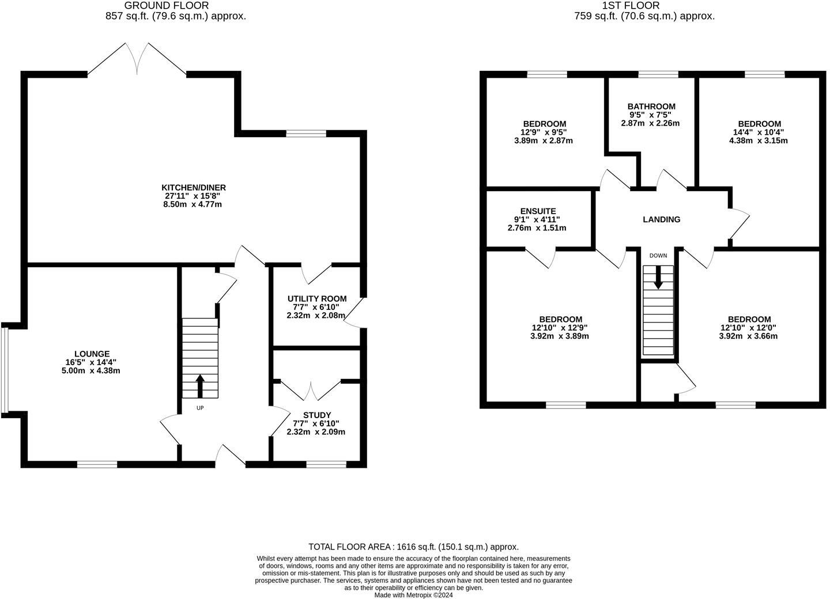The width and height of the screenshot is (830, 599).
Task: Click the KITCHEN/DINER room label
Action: click(193, 188)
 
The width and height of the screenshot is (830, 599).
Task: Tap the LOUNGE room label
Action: click(92, 354)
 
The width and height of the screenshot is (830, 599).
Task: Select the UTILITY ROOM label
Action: click(317, 298)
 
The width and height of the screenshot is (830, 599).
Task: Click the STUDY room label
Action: click(316, 415)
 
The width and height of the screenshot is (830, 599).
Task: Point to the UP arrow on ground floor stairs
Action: click(200, 386)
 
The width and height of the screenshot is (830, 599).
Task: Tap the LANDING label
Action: click(661, 219)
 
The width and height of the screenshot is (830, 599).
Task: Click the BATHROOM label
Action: click(651, 107)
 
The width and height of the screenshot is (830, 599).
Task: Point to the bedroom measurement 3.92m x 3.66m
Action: click(748, 336)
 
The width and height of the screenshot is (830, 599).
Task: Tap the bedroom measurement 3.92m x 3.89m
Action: click(560, 336)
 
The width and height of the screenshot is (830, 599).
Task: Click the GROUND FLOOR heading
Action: click(167, 6)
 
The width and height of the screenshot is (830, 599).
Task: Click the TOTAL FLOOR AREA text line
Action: click(413, 547)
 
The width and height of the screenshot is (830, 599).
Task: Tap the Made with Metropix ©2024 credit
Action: click(413, 595)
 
